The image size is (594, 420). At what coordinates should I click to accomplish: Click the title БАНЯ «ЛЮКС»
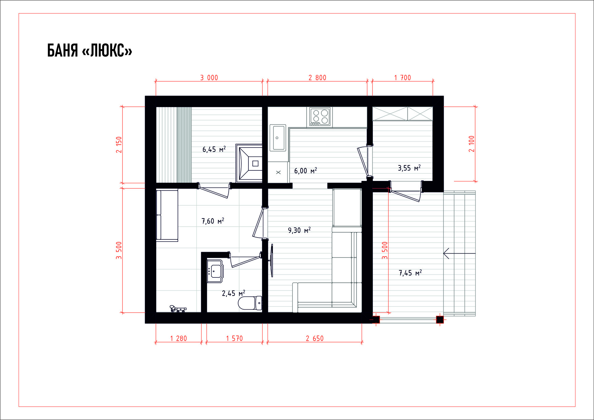89,50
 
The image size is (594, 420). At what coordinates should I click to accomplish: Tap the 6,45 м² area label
214,149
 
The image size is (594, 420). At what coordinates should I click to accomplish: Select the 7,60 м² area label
213,221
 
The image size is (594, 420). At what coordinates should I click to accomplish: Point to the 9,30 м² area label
299,230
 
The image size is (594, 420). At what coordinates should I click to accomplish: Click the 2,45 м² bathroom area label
234,293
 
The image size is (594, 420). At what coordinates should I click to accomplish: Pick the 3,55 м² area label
409,168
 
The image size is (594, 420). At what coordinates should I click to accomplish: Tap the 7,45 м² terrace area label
410,273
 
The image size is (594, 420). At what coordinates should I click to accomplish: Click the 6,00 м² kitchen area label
306,171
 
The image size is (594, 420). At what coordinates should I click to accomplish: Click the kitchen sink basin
278,138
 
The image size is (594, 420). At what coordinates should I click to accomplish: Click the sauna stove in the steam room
249,163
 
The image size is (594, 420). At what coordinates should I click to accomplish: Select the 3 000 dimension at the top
209,78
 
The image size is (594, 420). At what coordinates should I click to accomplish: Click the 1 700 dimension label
402,78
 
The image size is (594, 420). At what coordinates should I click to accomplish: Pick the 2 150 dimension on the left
119,145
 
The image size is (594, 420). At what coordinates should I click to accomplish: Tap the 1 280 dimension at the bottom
179,338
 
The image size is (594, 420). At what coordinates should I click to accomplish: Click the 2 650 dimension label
315,338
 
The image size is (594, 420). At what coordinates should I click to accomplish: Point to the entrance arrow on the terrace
459,253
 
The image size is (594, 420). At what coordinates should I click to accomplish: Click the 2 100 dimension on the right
471,144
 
